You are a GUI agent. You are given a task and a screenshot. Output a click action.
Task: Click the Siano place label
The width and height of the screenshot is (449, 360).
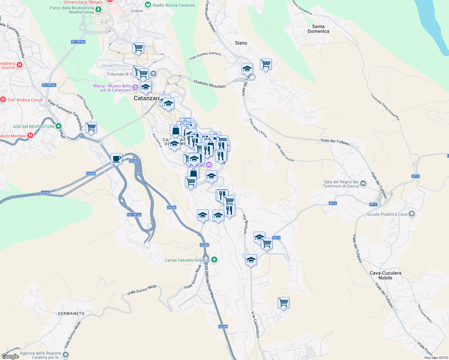(x=241, y=43)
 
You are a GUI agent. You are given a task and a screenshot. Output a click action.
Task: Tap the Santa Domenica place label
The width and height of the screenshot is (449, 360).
(x=318, y=29)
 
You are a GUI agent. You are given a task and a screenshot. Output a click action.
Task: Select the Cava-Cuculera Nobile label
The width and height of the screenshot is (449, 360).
(x=385, y=275)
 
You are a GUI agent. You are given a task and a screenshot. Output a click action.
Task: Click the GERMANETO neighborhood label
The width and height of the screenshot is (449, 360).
(x=71, y=313)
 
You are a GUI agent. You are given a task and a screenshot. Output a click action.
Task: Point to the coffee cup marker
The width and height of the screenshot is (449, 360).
(x=116, y=158)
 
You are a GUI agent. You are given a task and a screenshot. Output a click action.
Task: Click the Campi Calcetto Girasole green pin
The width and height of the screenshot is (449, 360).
(x=214, y=260)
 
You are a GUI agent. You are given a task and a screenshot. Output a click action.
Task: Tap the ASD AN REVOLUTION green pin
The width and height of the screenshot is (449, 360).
(x=59, y=127)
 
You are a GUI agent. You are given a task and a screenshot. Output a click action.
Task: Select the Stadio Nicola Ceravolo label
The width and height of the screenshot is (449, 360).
(x=173, y=5)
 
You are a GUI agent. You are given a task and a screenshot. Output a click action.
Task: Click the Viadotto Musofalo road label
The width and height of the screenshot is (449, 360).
(x=209, y=84)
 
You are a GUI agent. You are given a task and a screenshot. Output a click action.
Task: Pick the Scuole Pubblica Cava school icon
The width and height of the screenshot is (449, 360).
(x=412, y=214)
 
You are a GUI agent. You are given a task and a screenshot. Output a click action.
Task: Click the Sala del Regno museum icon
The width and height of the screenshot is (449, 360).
(x=363, y=183)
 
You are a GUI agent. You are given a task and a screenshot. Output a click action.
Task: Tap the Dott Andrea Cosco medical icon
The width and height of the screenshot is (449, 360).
(x=3, y=100)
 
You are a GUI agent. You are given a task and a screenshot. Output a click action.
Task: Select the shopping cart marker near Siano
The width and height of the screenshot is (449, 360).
(x=266, y=64)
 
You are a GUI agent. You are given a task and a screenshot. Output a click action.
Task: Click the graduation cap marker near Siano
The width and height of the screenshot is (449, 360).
(x=247, y=69)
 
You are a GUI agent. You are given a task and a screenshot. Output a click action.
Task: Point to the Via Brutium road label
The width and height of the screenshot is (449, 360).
(x=245, y=224)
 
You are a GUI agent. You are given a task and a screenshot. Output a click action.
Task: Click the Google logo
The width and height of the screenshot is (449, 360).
(x=10, y=356)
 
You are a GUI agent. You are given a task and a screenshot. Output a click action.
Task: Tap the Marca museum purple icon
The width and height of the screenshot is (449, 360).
(x=135, y=88)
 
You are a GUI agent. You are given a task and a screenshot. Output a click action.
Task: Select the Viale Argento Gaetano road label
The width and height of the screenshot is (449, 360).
(x=205, y=55)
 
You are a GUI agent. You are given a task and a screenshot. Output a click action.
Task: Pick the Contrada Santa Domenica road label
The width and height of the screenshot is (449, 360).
(x=385, y=107)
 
